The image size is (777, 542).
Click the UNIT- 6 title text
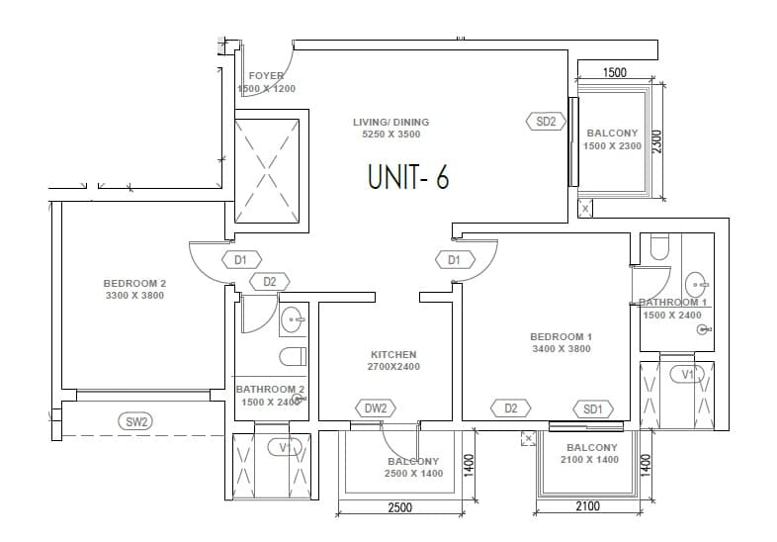coord(408,177)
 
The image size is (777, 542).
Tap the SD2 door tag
coord(546,122)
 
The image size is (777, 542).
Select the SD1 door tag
coord(593,408)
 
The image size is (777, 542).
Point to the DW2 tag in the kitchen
coord(375,408)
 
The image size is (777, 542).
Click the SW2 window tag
coord(136,422)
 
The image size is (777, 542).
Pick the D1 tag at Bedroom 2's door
coord(240,260)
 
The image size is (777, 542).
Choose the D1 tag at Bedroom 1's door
coord(454,260)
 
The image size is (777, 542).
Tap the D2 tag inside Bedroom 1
coord(511,408)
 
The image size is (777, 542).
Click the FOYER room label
coord(266,76)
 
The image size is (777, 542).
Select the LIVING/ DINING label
coord(390,123)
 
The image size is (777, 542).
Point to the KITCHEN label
coord(393,354)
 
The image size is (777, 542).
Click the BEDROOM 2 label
coord(134,284)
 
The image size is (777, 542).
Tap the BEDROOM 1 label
coord(561,337)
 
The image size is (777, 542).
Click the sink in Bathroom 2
coord(292,318)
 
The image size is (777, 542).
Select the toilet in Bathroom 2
coord(294,356)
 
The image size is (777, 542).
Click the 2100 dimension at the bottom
coord(587,506)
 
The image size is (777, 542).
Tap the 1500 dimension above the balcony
coord(615,72)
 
